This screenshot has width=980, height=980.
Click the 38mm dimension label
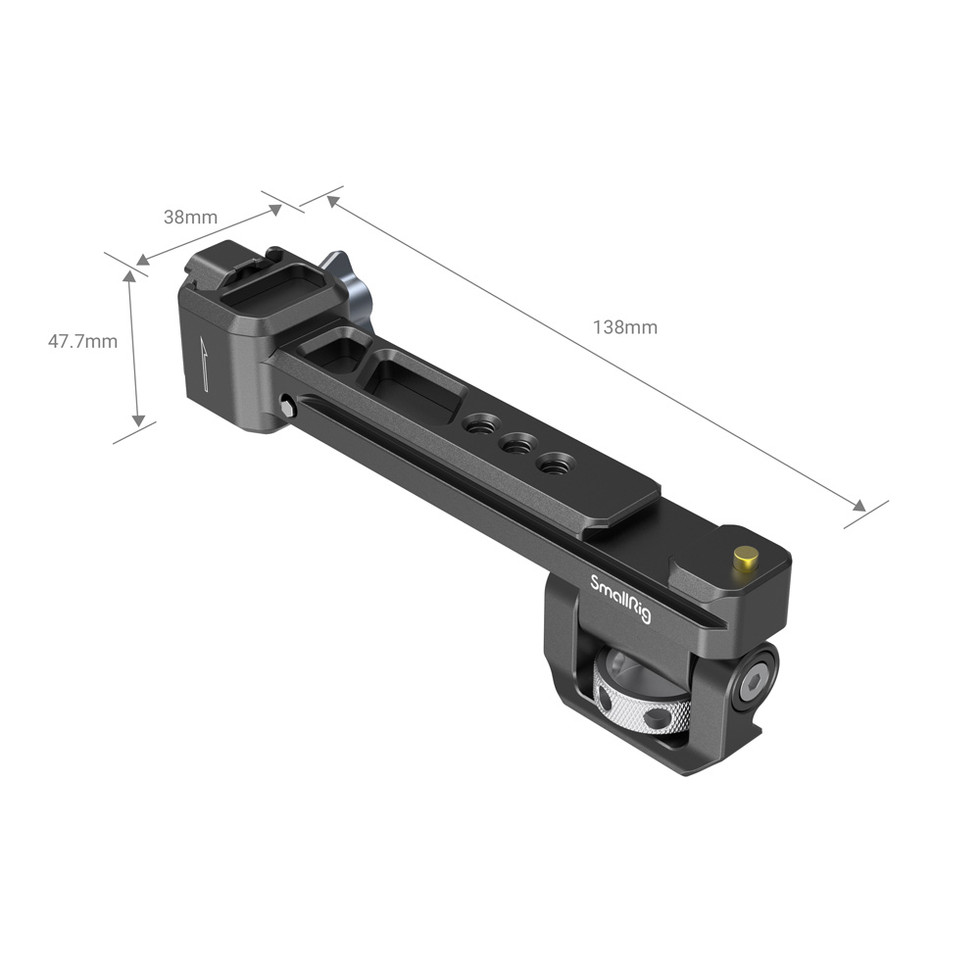tap(190, 218)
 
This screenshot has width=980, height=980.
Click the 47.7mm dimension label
tap(82, 341)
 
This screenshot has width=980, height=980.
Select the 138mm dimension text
tap(624, 327)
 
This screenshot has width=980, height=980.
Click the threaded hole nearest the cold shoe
tap(478, 425)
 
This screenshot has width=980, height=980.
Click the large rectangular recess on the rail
tap(414, 386)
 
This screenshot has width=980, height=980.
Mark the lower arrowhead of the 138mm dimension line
tap(860, 507)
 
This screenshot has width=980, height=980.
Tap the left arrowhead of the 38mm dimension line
tap(142, 261)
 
